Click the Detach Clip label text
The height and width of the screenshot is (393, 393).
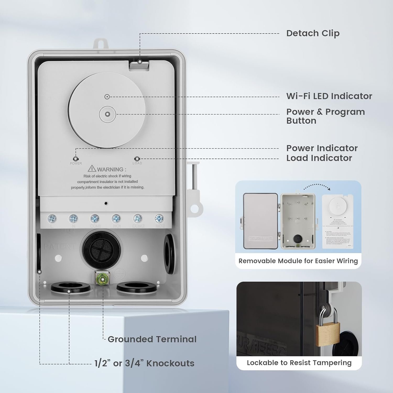[x=313, y=33]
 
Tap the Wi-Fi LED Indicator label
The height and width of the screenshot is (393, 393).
[x=329, y=96]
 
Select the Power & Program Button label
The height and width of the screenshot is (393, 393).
[x=325, y=116]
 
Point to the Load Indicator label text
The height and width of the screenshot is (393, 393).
[x=319, y=158]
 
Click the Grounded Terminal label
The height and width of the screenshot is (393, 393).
[x=152, y=339]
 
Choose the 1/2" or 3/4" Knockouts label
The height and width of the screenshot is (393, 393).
[x=144, y=363]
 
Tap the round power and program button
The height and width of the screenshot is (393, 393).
[x=107, y=114]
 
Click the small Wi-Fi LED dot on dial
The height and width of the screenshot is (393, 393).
[x=107, y=97]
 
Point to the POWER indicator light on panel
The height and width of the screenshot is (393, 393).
[x=76, y=159]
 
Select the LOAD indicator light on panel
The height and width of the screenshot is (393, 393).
[x=137, y=159]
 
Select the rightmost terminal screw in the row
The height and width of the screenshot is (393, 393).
[x=159, y=218]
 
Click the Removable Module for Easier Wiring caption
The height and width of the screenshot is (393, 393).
[x=298, y=261]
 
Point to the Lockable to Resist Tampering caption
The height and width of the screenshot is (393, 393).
[x=299, y=363]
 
